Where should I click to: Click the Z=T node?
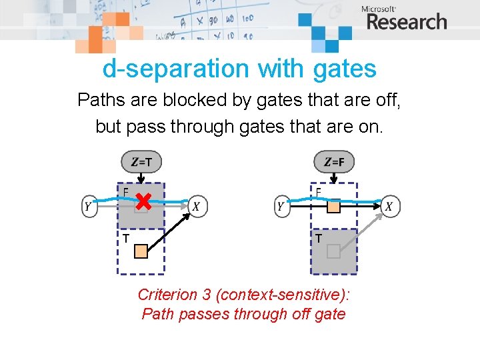[141, 161]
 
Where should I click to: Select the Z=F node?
[334, 161]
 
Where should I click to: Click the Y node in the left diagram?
[88, 207]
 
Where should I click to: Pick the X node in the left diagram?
[196, 207]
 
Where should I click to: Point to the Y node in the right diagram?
[280, 207]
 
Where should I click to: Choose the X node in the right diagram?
[389, 207]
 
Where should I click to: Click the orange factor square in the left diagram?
[141, 251]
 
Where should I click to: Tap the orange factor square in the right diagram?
[333, 207]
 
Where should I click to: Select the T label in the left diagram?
[125, 238]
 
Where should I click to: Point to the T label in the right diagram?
[319, 238]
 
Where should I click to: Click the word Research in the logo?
[406, 21]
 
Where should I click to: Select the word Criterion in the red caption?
[166, 295]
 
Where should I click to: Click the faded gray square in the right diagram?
[333, 251]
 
